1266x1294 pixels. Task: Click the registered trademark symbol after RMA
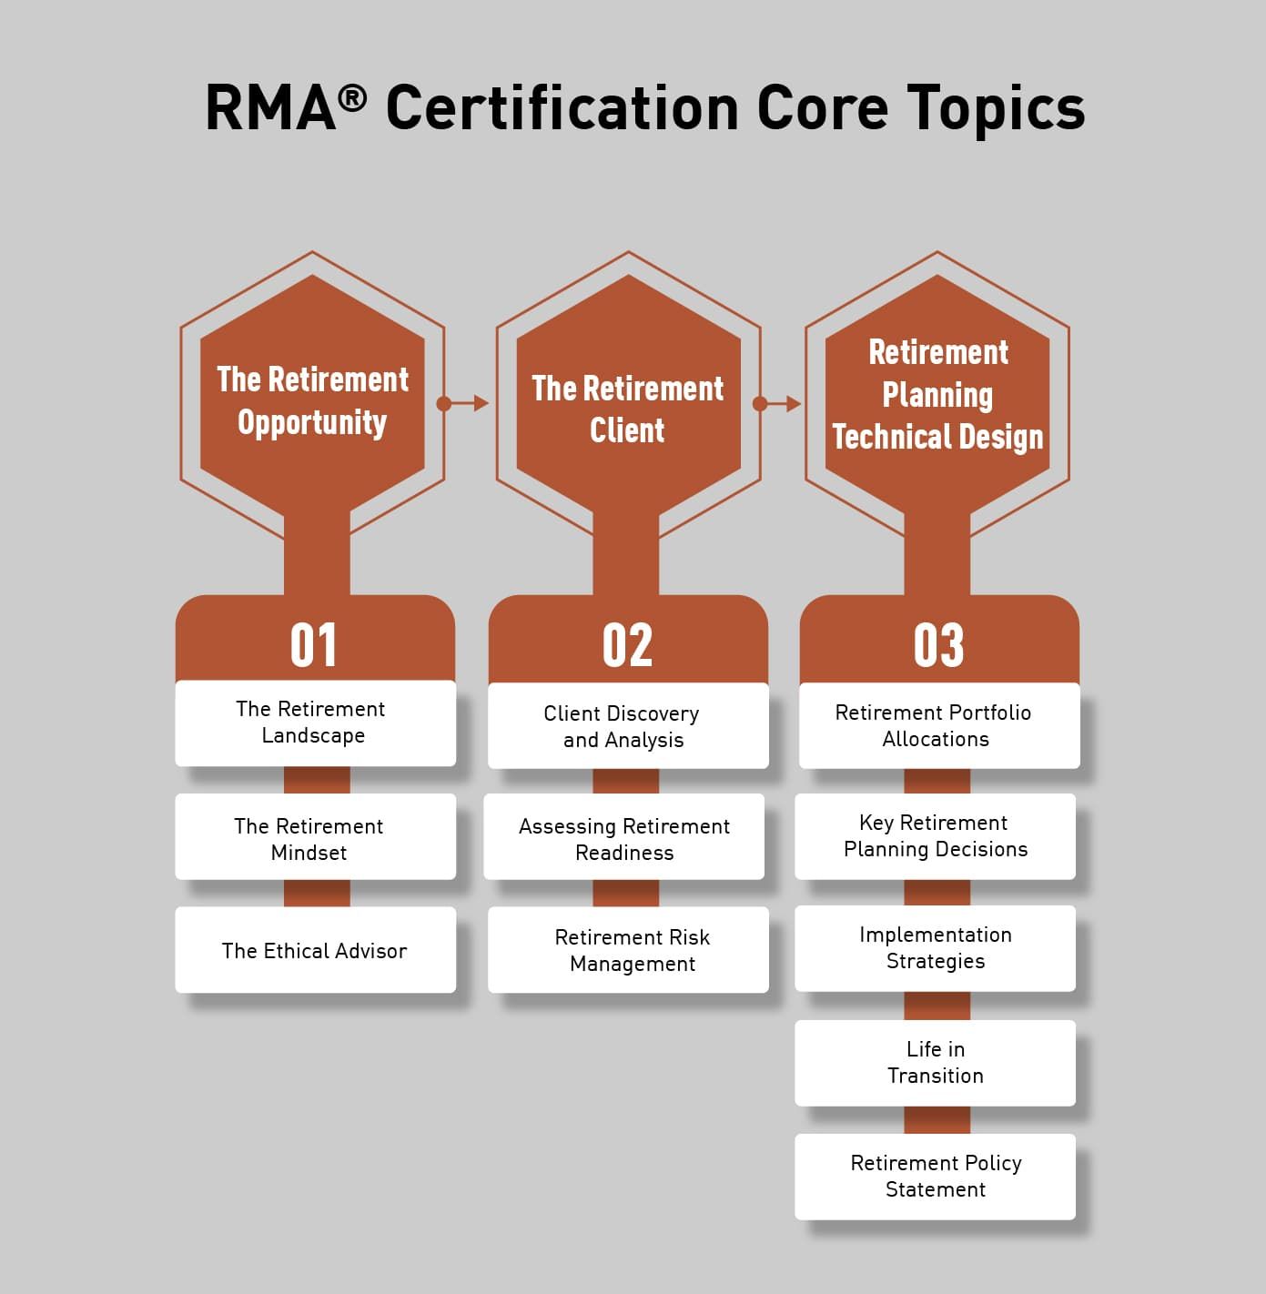click(x=352, y=97)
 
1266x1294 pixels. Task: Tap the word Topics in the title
click(x=996, y=108)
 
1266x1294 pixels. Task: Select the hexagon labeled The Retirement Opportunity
click(x=312, y=401)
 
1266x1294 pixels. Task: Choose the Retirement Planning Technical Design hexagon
click(x=937, y=395)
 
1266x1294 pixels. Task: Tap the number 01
click(x=313, y=645)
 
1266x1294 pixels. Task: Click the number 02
click(x=628, y=645)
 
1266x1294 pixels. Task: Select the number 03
click(x=938, y=645)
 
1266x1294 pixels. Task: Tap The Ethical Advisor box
click(x=315, y=950)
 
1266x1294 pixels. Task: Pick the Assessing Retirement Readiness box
click(x=624, y=838)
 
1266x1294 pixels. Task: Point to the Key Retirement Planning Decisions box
click(x=936, y=836)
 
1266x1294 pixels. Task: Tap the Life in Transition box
click(x=936, y=1062)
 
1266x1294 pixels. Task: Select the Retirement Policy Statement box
click(x=936, y=1176)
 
